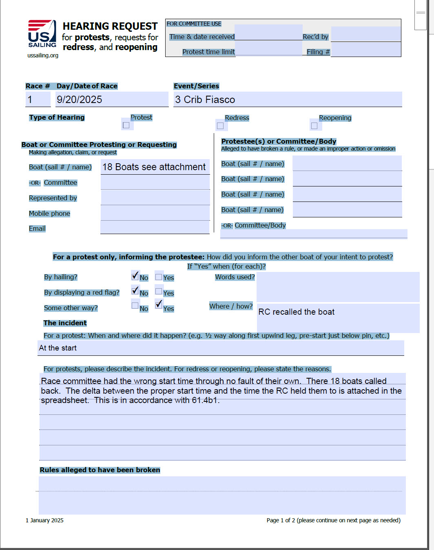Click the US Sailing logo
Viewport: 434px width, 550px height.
[42, 35]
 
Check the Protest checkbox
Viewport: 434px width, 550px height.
[126, 125]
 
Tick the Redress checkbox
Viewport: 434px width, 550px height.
[220, 126]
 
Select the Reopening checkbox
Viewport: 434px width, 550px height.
[314, 126]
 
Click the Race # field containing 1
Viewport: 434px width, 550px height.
[38, 99]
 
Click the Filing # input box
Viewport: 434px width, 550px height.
[365, 49]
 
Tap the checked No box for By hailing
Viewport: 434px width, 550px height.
[135, 276]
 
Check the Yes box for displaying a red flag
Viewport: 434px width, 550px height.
[159, 291]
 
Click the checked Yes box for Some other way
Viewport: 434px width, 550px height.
[159, 304]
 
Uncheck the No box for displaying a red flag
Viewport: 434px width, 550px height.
[135, 291]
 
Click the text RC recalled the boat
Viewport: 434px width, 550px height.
[297, 312]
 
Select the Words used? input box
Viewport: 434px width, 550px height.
[338, 287]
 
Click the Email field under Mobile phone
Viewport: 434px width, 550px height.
[155, 228]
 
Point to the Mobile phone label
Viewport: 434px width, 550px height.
[49, 213]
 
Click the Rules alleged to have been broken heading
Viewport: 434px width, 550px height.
[100, 470]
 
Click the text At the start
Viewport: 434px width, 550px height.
[58, 348]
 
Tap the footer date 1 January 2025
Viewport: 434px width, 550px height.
[44, 520]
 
